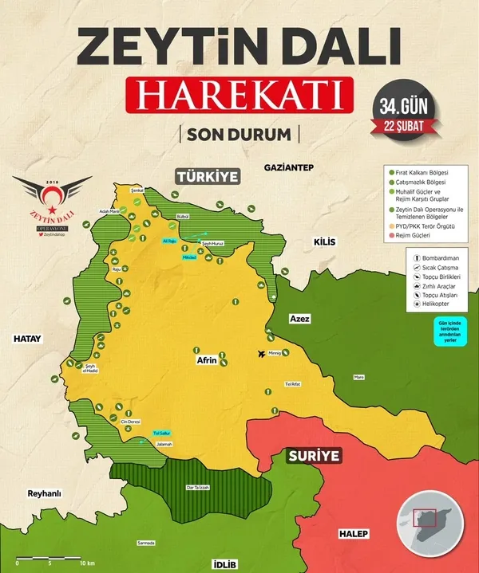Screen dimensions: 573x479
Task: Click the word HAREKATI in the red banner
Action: (x=239, y=95)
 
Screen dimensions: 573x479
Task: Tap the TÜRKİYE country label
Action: (x=208, y=176)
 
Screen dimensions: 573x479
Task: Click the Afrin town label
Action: (x=207, y=360)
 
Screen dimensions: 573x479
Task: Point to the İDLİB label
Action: (x=224, y=563)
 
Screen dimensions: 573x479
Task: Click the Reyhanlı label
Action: (x=44, y=493)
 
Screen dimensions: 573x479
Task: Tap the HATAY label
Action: (x=26, y=339)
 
